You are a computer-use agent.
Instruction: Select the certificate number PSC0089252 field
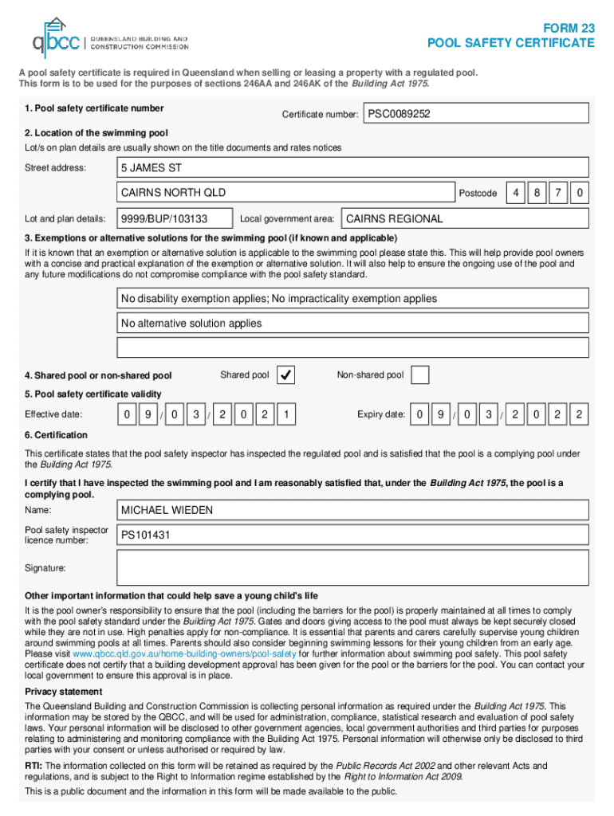[x=476, y=114]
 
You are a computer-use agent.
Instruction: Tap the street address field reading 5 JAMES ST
[x=352, y=168]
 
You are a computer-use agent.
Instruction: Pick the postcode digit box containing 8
[x=538, y=193]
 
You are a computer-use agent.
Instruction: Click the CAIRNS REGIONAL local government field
[x=464, y=218]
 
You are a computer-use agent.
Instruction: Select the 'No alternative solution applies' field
[x=352, y=324]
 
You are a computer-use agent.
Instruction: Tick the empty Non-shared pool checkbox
[x=419, y=375]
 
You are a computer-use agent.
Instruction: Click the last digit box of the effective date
[x=285, y=414]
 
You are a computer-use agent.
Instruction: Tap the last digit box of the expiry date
[x=579, y=414]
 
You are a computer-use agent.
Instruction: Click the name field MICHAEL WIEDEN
[x=352, y=510]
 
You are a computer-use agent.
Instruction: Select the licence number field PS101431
[x=352, y=535]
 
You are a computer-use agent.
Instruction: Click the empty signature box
[x=352, y=568]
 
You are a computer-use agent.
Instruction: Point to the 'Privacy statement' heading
[x=64, y=692]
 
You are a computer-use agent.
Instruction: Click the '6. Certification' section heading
[x=57, y=435]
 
